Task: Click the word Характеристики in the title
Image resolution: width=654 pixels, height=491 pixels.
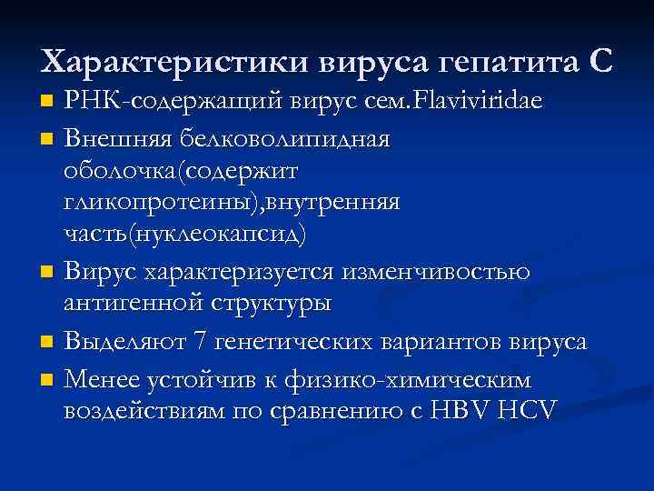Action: click(173, 62)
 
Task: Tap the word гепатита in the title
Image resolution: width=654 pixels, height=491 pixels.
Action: click(504, 62)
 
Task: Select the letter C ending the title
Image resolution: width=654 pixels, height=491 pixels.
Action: click(600, 62)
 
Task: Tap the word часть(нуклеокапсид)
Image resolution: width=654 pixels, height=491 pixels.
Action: click(185, 233)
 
